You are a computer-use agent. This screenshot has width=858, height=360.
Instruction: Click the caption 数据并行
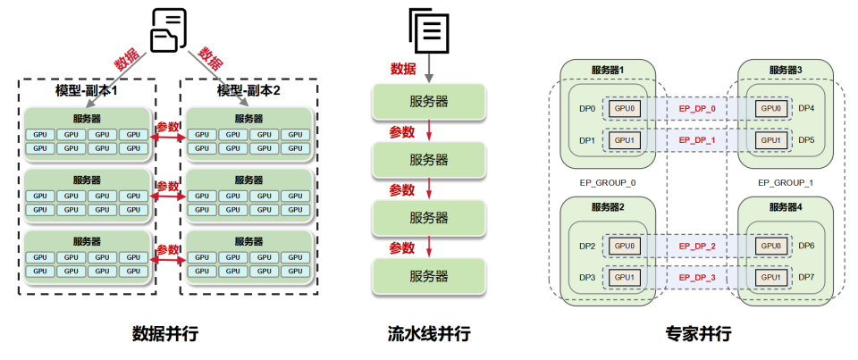[x=165, y=334]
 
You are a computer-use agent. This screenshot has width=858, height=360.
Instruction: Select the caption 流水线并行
[x=429, y=334]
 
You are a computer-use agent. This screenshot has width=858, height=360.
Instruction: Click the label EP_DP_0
[x=697, y=109]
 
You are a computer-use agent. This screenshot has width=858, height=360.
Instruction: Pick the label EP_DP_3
[x=697, y=278]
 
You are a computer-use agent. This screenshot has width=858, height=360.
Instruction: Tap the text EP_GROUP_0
[x=609, y=182]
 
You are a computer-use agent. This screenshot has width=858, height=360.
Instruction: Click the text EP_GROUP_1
[x=786, y=182]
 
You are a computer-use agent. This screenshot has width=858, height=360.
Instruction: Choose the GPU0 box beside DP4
[x=770, y=109]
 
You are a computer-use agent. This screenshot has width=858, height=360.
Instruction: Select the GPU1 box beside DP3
[x=625, y=278]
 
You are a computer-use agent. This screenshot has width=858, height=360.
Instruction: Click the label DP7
[x=806, y=278]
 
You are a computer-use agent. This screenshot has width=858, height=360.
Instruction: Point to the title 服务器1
[x=608, y=70]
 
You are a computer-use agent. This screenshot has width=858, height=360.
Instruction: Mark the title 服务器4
[x=786, y=207]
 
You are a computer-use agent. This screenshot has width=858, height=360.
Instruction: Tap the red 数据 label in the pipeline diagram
[x=404, y=69]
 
